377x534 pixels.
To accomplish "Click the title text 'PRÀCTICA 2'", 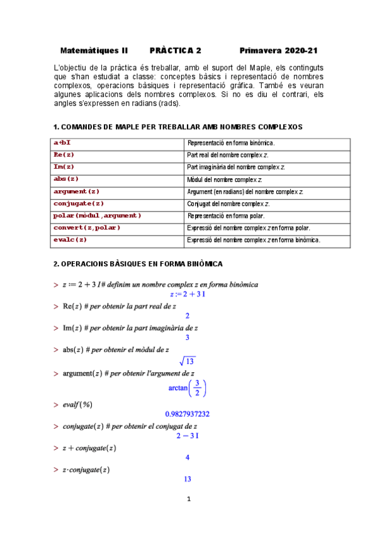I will (176, 50).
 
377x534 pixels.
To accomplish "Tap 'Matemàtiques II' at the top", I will (94, 50).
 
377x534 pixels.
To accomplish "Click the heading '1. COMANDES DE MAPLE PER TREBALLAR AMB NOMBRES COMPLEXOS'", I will (178, 127).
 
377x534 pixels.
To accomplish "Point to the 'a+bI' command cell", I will (62, 143).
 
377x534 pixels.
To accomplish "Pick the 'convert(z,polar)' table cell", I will (87, 227).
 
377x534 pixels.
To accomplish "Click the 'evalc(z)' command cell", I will (70, 240).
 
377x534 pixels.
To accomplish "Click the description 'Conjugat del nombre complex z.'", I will (228, 204).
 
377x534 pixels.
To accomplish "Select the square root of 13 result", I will (188, 361).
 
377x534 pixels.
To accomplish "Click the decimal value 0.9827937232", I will (188, 414).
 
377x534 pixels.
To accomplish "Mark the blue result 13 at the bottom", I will (188, 479).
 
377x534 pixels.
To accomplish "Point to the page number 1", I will (188, 500).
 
